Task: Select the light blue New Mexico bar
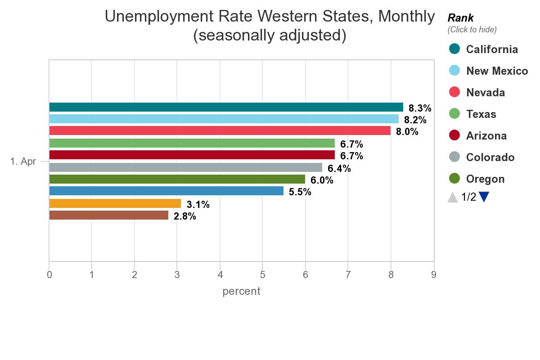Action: (224, 119)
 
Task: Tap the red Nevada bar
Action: (220, 131)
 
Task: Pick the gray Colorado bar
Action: (185, 167)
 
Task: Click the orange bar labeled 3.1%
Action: (115, 203)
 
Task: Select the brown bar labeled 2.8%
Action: (108, 216)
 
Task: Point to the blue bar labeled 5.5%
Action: (166, 191)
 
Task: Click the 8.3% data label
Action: (420, 108)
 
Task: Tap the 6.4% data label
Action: (339, 169)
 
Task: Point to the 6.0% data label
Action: (322, 180)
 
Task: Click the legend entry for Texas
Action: (481, 114)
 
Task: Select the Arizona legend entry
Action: (486, 136)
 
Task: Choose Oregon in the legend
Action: (485, 179)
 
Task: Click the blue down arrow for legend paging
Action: (484, 197)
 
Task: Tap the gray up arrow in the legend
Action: (453, 197)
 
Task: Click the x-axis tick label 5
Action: (262, 274)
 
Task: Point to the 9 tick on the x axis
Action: (433, 274)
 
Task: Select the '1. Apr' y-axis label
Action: (23, 162)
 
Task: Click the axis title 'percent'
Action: (241, 291)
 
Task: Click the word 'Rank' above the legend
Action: (460, 18)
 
